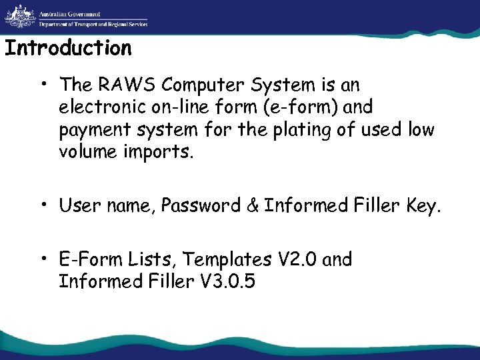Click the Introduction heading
click(68, 49)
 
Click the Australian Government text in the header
click(69, 13)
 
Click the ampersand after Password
click(252, 206)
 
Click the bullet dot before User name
click(41, 205)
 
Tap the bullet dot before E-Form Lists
click(41, 259)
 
